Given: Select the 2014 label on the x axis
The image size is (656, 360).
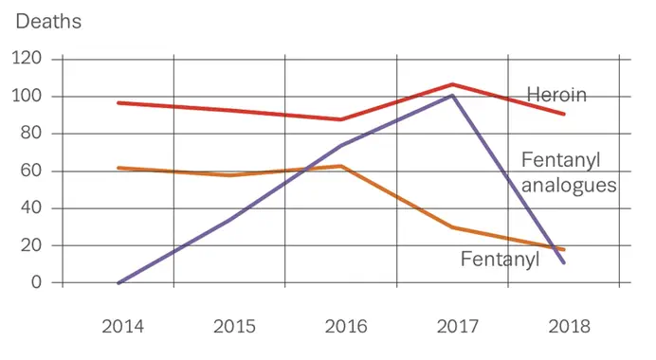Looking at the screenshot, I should [x=122, y=327].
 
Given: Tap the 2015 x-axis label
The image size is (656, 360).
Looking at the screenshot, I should [x=234, y=327].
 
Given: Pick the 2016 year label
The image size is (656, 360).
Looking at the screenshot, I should [x=345, y=327].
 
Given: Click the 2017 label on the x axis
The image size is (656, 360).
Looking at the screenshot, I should [x=457, y=327].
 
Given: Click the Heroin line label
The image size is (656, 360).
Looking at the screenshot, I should [x=556, y=95].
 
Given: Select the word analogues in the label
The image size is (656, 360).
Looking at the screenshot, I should [x=569, y=186].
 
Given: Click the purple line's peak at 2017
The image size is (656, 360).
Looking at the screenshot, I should [x=453, y=95].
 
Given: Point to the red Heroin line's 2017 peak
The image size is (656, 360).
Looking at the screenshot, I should [x=453, y=84].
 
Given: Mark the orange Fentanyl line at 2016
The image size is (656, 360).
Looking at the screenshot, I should [x=341, y=166].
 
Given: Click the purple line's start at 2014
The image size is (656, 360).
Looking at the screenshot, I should [x=118, y=282].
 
